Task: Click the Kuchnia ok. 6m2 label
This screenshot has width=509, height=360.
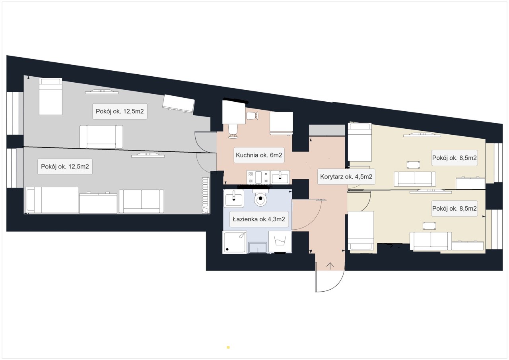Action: pyautogui.click(x=259, y=155)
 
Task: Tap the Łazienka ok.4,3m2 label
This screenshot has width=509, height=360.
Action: pyautogui.click(x=259, y=219)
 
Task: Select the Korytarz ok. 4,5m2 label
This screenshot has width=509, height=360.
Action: pyautogui.click(x=346, y=176)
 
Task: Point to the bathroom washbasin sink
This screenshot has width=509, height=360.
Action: pyautogui.click(x=233, y=198)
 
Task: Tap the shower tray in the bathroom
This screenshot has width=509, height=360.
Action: pyautogui.click(x=235, y=242)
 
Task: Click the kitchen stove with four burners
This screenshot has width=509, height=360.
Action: pyautogui.click(x=258, y=177)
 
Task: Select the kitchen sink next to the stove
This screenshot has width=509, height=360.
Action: pyautogui.click(x=280, y=177)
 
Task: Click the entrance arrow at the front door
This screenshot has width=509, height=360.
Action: pyautogui.click(x=330, y=266)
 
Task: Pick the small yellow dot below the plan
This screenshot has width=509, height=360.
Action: pyautogui.click(x=228, y=347)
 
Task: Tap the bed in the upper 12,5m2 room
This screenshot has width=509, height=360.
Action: pyautogui.click(x=51, y=97)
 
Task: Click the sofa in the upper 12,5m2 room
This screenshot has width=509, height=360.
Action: pyautogui.click(x=101, y=137)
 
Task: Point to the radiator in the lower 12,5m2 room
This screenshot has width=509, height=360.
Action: pyautogui.click(x=206, y=195)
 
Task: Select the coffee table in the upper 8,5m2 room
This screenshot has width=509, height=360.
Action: pyautogui.click(x=413, y=165)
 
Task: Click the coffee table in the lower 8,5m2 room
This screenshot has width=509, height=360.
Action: pyautogui.click(x=429, y=226)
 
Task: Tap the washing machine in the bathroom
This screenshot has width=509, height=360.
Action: pyautogui.click(x=280, y=242)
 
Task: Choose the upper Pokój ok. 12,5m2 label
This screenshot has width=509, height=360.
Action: pyautogui.click(x=120, y=111)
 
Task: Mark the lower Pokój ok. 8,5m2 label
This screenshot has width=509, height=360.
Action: pyautogui.click(x=455, y=209)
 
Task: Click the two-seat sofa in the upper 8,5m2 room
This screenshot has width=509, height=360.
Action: pyautogui.click(x=415, y=179)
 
